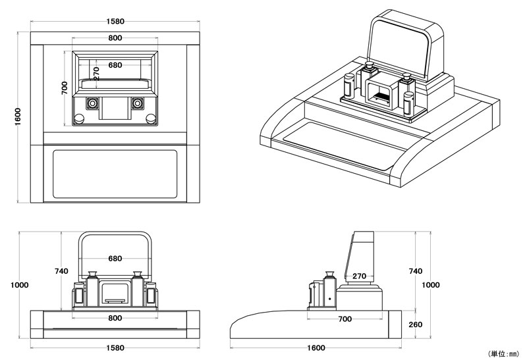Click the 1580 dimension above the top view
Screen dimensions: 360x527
(115, 21)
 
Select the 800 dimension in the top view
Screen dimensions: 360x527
(115, 38)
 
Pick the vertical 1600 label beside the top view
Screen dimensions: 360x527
(18, 115)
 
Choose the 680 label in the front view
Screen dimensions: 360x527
(115, 259)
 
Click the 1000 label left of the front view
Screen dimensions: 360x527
(20, 285)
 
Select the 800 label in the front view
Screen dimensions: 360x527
(115, 319)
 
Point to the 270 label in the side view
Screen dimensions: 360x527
(360, 276)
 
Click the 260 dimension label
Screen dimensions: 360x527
(416, 324)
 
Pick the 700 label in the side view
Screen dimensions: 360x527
(344, 319)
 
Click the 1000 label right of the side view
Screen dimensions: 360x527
(430, 285)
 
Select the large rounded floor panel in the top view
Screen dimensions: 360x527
(115, 172)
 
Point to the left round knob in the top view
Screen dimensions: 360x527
(79, 118)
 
